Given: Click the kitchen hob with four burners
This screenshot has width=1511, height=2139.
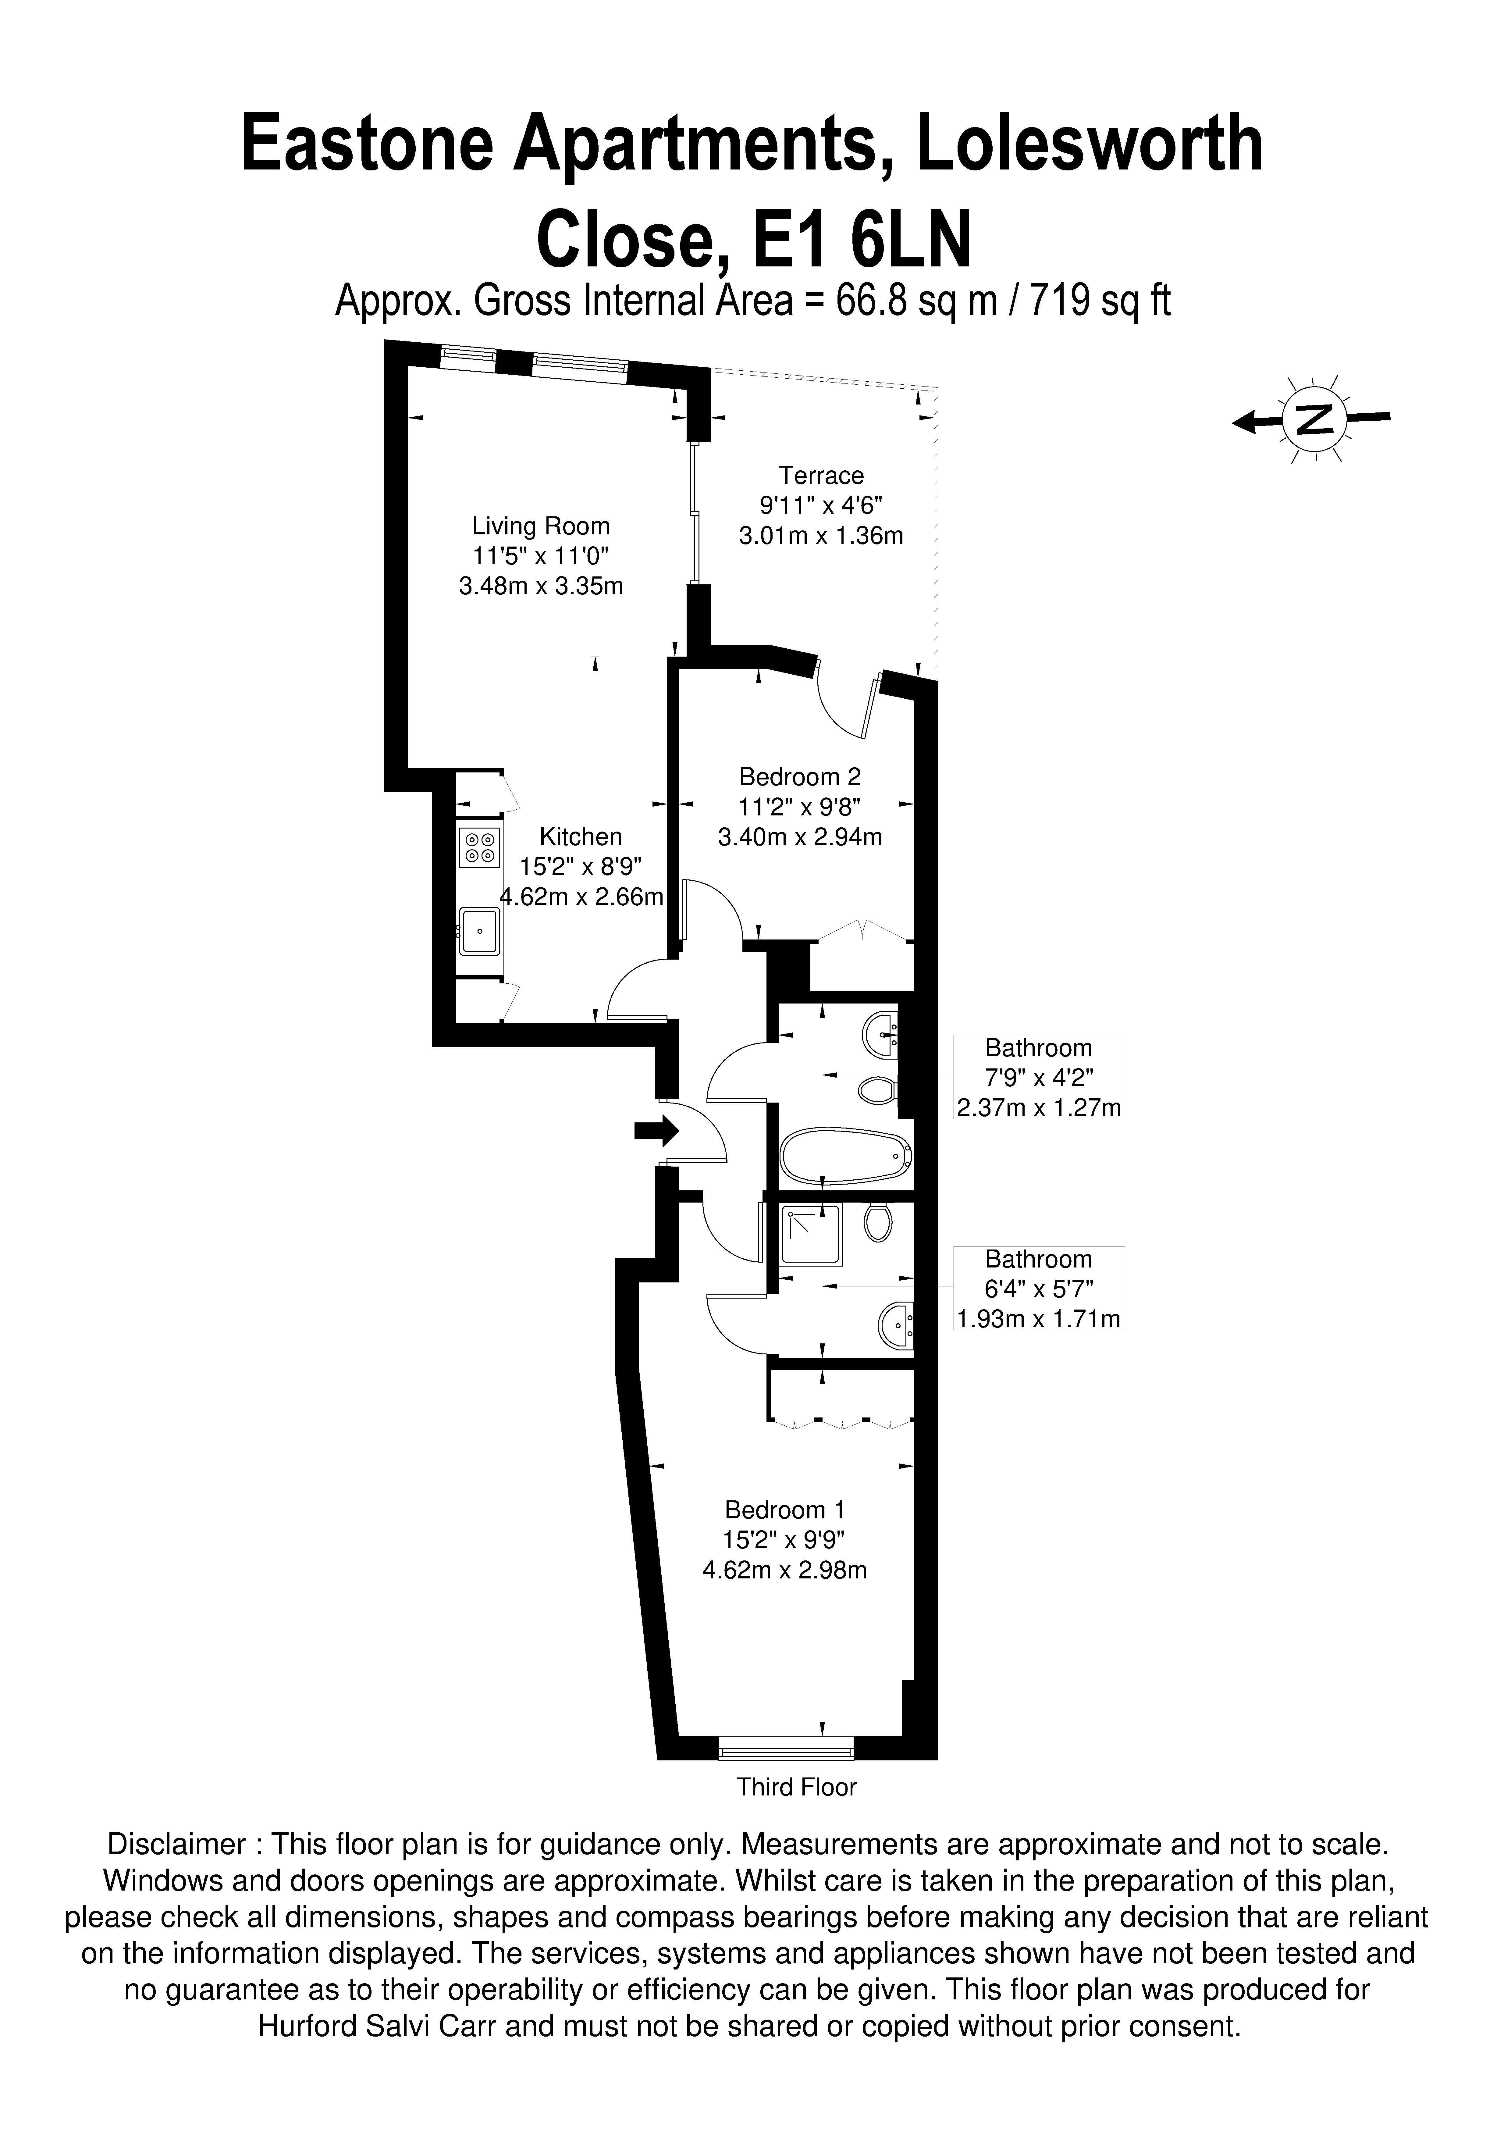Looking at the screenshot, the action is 480,846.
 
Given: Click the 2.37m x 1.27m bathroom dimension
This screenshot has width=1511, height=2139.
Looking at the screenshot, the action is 1039,1108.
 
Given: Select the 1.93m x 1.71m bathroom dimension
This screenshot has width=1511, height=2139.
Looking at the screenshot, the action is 1039,1318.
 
